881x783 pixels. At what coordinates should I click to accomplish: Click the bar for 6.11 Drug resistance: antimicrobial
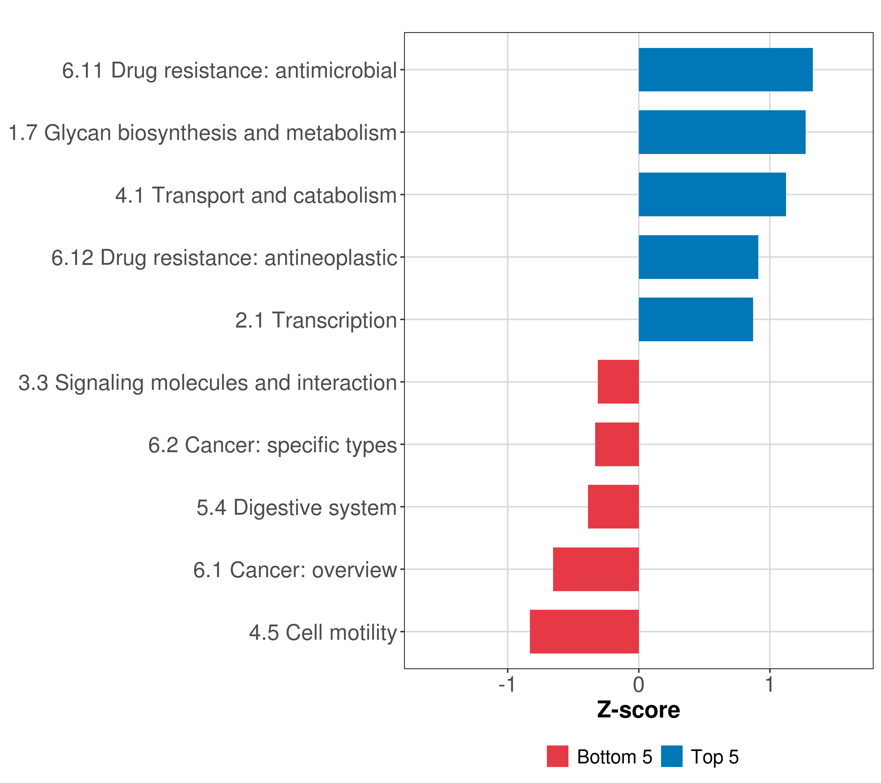[x=725, y=70]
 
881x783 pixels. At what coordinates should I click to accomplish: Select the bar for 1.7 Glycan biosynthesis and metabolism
[x=722, y=132]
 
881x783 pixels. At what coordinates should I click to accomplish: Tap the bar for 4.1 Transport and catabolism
[x=712, y=194]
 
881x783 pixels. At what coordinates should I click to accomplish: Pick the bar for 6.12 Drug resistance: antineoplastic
[x=698, y=257]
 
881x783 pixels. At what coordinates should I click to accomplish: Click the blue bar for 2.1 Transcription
[x=696, y=319]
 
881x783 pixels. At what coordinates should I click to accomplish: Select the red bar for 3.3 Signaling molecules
[x=618, y=382]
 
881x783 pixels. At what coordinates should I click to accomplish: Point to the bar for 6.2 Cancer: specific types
[x=617, y=444]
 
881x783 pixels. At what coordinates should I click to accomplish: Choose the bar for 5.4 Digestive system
[x=613, y=507]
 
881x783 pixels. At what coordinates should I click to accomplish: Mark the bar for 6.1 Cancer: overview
[x=596, y=569]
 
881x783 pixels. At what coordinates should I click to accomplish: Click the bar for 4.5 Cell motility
[x=584, y=632]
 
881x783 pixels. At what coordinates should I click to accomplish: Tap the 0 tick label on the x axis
[x=639, y=684]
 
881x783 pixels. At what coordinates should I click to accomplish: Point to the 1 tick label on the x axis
[x=770, y=684]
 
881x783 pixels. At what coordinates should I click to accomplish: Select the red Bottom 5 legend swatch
[x=558, y=756]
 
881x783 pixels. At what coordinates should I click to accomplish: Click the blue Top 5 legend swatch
[x=672, y=756]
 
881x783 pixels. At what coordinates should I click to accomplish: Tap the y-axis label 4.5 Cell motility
[x=323, y=633]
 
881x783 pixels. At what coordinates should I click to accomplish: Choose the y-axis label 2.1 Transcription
[x=316, y=320]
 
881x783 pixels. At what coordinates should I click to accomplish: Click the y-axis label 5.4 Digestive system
[x=297, y=508]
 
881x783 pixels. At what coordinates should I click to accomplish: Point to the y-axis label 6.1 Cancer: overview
[x=295, y=570]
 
